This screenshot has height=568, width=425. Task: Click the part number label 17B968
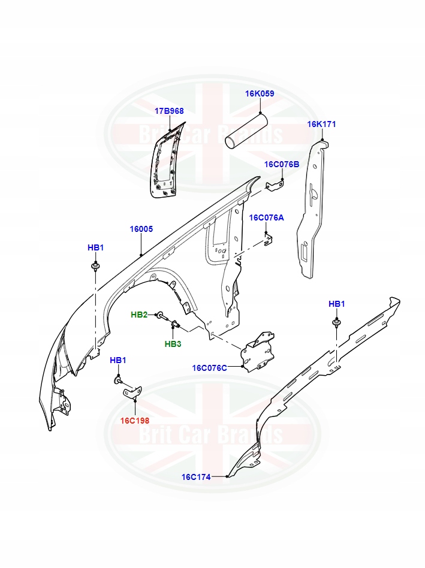[169, 111]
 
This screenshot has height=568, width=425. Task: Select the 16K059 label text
[260, 93]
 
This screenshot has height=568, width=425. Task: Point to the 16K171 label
[322, 124]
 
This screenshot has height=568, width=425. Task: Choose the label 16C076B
[282, 164]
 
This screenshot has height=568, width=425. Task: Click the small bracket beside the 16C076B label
[276, 186]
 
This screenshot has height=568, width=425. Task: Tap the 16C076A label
[266, 217]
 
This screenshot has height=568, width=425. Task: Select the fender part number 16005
[142, 229]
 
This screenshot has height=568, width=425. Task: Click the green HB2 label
[140, 315]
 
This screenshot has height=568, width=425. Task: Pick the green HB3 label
[173, 344]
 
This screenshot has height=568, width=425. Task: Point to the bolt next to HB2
[161, 316]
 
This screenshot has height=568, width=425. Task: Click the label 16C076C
[210, 368]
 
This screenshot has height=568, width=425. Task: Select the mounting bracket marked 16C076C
[258, 351]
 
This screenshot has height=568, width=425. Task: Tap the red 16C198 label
[134, 420]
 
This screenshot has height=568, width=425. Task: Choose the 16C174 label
[196, 477]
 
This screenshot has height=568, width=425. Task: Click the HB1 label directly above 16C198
[118, 360]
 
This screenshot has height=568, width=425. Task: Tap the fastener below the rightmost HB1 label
[337, 324]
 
